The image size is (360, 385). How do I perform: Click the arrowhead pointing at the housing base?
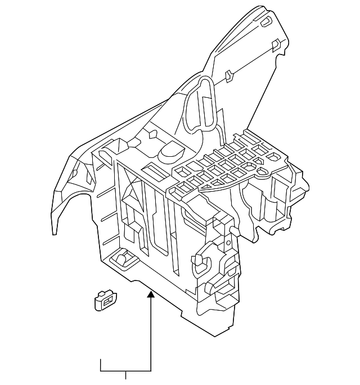point(151,293)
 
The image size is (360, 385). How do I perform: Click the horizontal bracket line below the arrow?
point(125,372)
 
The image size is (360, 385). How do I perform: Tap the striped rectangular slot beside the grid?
point(152,170)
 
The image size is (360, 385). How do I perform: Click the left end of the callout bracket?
point(101,365)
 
